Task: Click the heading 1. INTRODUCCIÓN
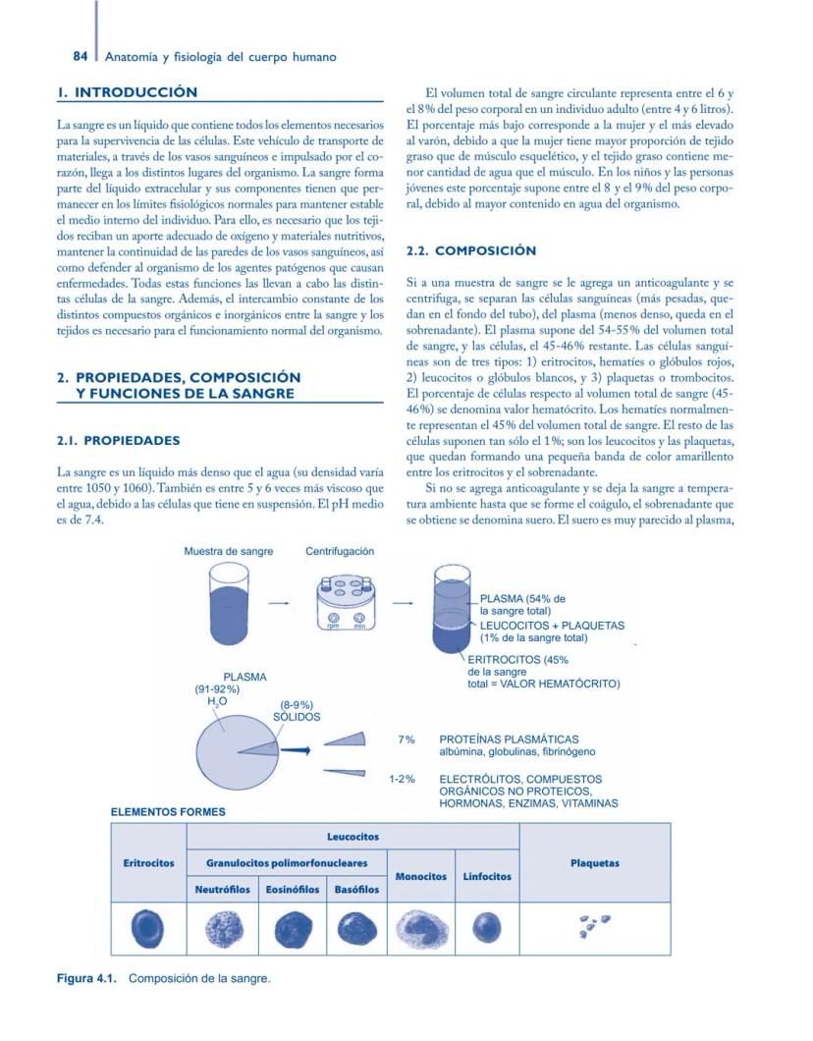(127, 92)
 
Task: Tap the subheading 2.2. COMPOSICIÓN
(471, 251)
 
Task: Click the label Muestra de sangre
(229, 551)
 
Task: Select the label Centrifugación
(340, 551)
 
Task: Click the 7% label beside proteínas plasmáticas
(406, 740)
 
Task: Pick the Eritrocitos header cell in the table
(148, 863)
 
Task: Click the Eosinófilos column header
(293, 890)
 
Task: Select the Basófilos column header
(357, 890)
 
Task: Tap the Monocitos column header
(421, 876)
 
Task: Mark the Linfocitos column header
(487, 876)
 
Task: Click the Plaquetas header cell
(594, 863)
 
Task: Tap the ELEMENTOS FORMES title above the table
(168, 812)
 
